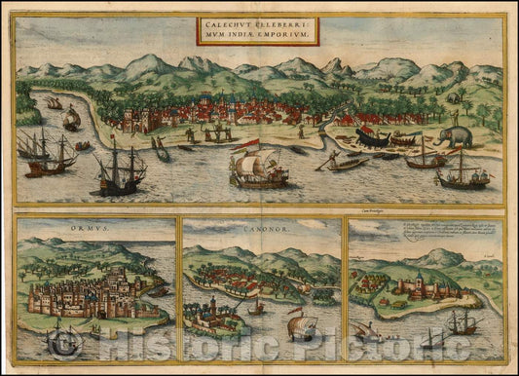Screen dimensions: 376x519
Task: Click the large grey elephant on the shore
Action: point(455,136)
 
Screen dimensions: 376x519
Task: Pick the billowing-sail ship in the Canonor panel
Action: point(301,326)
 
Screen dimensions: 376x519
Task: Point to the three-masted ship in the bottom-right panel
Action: point(463,321)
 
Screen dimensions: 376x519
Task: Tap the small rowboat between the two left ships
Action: point(82,146)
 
